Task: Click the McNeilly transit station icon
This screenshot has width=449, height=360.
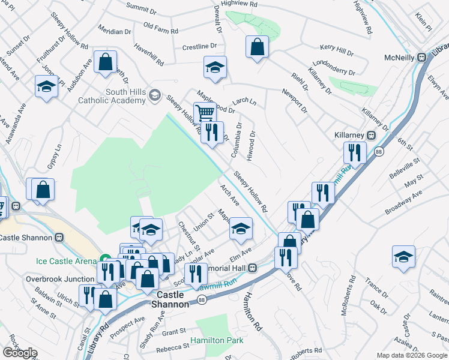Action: pos(421,58)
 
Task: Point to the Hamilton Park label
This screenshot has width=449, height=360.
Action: pos(217,340)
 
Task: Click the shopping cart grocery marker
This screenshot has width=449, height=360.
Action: pos(205,112)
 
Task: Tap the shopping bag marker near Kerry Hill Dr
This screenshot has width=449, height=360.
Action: pos(257,47)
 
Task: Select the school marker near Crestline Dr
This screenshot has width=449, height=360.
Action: pos(214,68)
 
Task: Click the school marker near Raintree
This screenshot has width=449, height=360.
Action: pos(403,257)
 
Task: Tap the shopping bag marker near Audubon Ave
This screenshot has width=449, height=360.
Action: pos(105,61)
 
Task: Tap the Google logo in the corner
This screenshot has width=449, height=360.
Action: pos(20,353)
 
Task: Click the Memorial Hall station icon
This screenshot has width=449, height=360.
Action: pos(253,267)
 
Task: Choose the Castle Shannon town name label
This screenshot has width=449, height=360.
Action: pos(173,300)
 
